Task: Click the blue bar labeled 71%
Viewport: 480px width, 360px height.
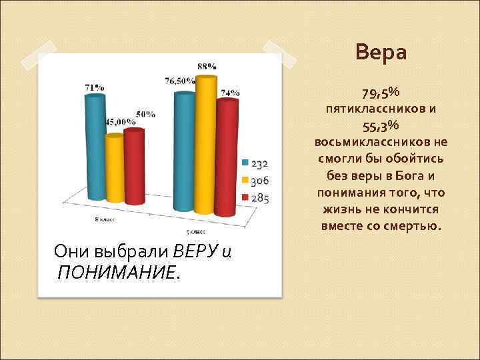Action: click(x=95, y=147)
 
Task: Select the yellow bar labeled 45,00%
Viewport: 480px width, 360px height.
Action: click(x=115, y=168)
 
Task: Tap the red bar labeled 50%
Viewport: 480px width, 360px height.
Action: click(x=134, y=167)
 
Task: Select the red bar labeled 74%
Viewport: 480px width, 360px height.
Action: click(x=227, y=153)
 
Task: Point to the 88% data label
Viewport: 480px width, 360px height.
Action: click(x=207, y=66)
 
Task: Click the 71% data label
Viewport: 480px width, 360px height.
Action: click(x=94, y=87)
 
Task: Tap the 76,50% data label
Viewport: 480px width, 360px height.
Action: click(x=180, y=81)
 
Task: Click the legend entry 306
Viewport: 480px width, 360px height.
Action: click(x=255, y=181)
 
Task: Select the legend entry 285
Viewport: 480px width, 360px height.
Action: click(x=255, y=198)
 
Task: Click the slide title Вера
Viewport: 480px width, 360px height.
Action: click(x=381, y=52)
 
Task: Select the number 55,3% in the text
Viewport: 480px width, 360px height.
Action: click(x=381, y=125)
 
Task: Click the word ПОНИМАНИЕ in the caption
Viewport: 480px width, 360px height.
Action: click(x=117, y=271)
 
